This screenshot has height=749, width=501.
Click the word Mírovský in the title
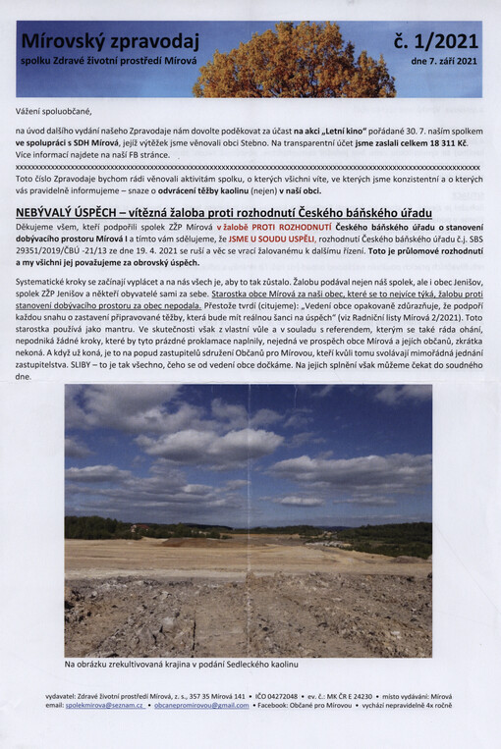pos(61,41)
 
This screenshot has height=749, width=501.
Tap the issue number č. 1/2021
pos(435,41)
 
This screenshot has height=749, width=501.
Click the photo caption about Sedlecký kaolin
pos(181,665)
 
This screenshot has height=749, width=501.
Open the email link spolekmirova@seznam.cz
pos(106,705)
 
